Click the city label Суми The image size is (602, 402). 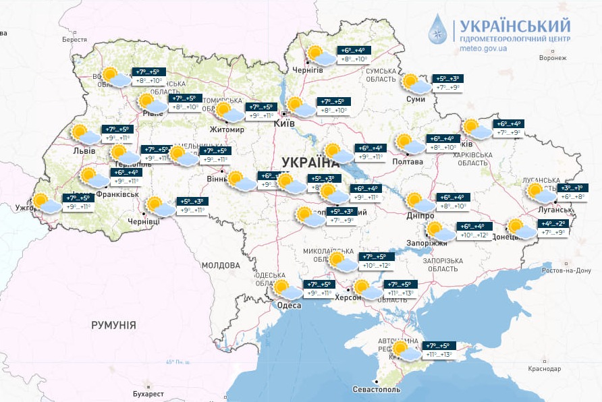point(416,99)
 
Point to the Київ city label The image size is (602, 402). point(284,124)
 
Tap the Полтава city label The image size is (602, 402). point(407,162)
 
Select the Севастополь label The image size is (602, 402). point(377,390)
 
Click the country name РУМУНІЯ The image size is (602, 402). point(113,325)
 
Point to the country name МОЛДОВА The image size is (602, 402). point(221,265)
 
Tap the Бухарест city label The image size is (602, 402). point(148,393)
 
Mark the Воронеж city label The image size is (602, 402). point(552,58)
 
